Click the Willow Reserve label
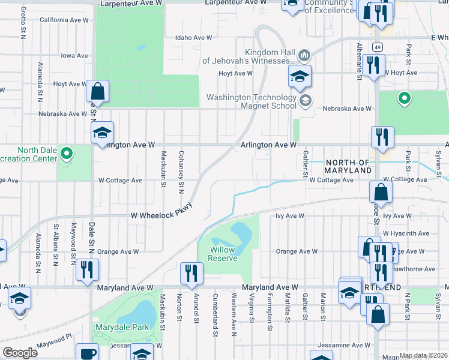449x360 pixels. tap(223, 254)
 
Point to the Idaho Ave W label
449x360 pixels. tap(193, 37)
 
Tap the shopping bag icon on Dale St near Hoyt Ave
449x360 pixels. tap(97, 92)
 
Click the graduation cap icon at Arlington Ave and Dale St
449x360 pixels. tap(103, 133)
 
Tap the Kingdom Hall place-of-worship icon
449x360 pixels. tap(304, 56)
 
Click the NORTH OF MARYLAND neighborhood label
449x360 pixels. tap(348, 167)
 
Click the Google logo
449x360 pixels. tap(20, 352)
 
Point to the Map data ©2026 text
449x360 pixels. tap(423, 355)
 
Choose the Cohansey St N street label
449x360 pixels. tap(180, 172)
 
